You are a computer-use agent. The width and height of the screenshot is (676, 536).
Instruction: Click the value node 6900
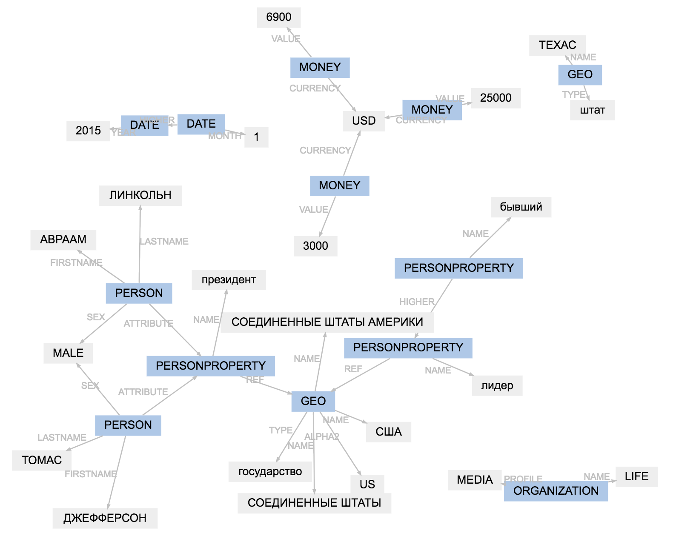(279, 17)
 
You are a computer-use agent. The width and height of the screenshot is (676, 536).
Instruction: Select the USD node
(364, 121)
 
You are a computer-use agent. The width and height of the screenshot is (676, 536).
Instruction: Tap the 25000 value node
(496, 98)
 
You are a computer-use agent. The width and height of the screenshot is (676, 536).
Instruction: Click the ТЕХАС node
(557, 45)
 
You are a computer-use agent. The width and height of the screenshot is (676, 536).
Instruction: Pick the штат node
(592, 110)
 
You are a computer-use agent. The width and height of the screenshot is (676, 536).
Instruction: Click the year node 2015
(88, 131)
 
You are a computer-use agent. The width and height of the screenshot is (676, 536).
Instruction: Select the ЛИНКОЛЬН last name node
(140, 195)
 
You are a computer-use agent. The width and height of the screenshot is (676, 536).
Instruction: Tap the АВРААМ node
(63, 239)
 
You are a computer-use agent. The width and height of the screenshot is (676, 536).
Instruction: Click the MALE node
(68, 353)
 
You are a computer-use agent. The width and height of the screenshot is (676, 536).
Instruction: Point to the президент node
(229, 280)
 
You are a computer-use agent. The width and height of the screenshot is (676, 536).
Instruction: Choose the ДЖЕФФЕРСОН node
(105, 518)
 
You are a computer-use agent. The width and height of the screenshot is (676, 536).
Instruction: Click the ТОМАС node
(42, 460)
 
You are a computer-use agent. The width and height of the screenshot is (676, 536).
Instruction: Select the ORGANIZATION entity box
(556, 491)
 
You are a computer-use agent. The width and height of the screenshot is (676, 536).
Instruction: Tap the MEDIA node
(474, 480)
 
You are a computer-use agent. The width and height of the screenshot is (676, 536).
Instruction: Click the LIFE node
(636, 476)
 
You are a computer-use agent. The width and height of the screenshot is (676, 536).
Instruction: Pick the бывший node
(521, 207)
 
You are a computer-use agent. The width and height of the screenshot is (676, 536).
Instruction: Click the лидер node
(497, 386)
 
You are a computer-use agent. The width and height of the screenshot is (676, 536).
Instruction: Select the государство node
(270, 472)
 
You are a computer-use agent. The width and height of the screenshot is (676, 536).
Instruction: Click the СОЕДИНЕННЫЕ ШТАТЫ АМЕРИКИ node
(327, 322)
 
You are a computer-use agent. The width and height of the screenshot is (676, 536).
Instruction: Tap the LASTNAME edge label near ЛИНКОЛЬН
(164, 242)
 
